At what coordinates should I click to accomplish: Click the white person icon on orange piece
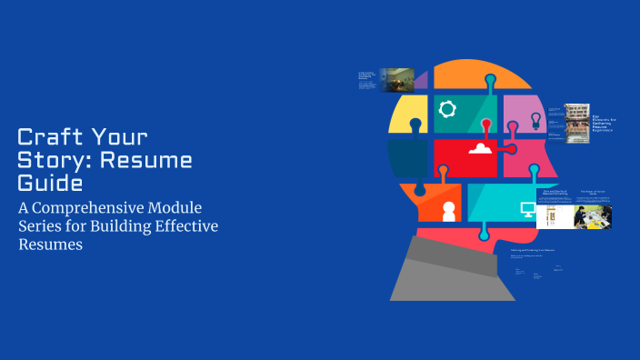coord(447,210)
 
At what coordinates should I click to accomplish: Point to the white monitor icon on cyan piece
coord(527,210)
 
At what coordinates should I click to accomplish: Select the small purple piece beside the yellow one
coord(421,80)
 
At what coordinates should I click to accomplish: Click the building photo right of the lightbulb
coord(577,123)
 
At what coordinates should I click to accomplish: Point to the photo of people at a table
coord(592,215)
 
